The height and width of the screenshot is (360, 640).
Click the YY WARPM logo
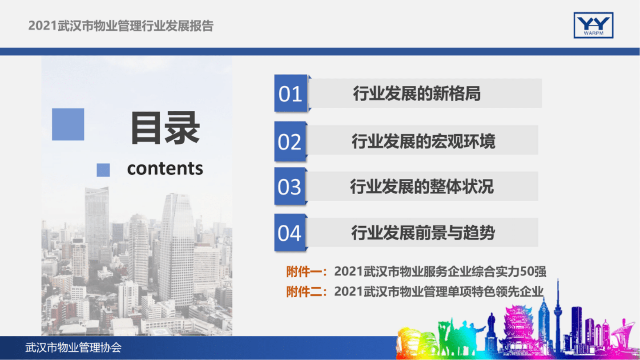point(593,25)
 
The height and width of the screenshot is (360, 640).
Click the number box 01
point(290,94)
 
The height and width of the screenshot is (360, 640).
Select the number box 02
point(290,142)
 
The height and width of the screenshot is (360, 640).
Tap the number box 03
point(290,187)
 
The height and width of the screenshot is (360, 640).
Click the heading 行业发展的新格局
point(417,94)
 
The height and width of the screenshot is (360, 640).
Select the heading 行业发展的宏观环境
point(423,142)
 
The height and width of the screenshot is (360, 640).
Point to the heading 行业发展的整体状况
point(422,187)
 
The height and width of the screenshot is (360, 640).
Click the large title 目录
point(165,128)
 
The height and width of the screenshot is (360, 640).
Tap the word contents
point(165,169)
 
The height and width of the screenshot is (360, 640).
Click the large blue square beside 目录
point(68,124)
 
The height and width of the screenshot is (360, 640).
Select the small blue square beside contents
point(103,170)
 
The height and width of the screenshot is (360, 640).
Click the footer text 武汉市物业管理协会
point(73,348)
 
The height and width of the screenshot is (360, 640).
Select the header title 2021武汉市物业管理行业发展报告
point(121,26)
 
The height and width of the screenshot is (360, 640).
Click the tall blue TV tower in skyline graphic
point(558,311)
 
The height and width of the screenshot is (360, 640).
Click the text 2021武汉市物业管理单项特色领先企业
point(439,291)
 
